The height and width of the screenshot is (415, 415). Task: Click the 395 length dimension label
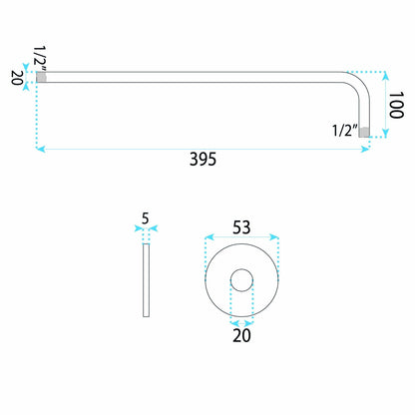coord(203,159)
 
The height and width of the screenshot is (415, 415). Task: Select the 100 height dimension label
coord(396,105)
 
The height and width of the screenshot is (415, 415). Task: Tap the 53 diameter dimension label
coord(241,227)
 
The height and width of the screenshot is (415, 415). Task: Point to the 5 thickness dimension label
coord(146,218)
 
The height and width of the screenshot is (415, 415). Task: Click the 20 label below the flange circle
coord(241,335)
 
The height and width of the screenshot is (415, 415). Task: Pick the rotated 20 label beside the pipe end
coord(17,78)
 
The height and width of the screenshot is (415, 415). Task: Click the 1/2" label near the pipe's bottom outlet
coord(345,130)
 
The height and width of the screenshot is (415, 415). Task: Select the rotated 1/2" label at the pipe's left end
coord(40,59)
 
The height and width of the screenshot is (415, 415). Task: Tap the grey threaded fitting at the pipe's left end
coord(41,77)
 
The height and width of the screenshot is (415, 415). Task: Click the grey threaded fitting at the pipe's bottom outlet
coord(364,133)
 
